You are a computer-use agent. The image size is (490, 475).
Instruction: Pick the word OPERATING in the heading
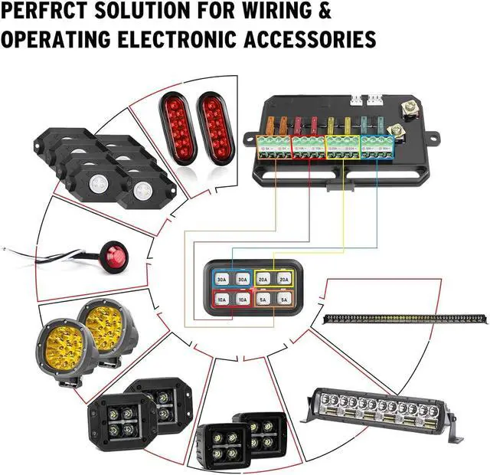tap(55, 39)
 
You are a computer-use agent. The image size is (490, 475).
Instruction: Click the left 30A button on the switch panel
tap(221, 280)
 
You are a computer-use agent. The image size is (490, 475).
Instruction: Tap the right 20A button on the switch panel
tap(283, 280)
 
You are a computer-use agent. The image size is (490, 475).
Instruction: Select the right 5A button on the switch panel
tap(283, 300)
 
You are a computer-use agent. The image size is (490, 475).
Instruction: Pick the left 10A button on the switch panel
tap(221, 300)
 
